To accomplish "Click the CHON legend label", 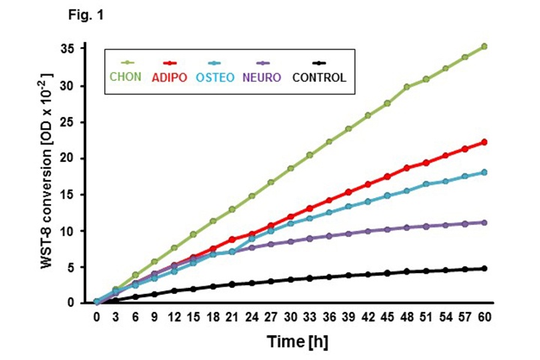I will pos(126,76).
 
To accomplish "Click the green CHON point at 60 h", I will pos(484,46).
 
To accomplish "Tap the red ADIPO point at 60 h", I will pos(484,142).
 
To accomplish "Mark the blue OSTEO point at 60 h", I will pos(484,172).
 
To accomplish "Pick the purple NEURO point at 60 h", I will pos(484,222).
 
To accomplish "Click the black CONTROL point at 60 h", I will pos(484,268).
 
